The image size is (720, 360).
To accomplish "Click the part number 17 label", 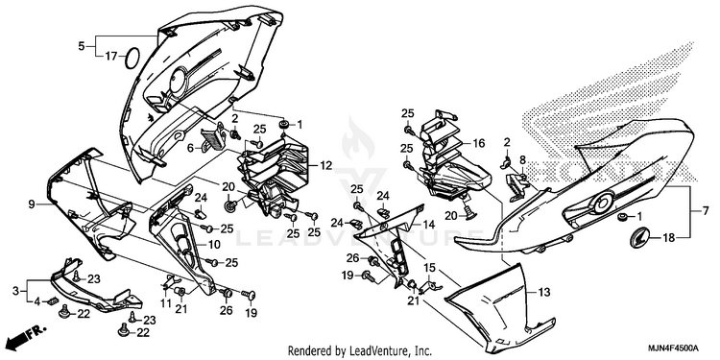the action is point(111,57).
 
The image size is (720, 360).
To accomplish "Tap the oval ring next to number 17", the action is point(132,58).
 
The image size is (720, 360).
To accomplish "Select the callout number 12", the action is point(326,166).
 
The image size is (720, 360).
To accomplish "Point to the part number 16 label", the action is point(478,144).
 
